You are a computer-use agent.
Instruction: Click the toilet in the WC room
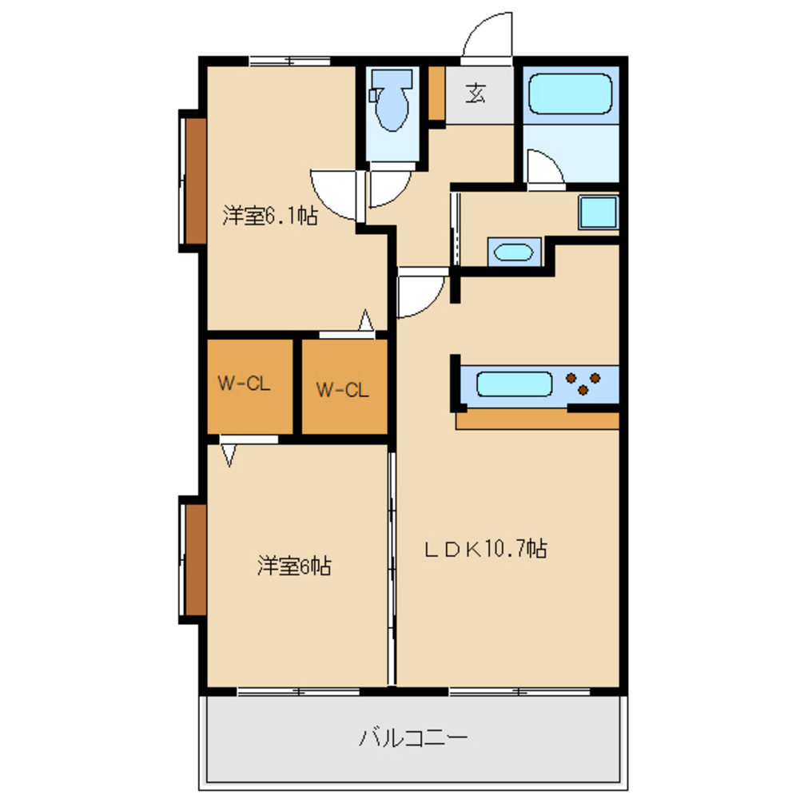pos(392,100)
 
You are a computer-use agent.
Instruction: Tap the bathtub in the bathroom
pos(570,93)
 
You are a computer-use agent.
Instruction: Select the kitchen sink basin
pos(515,384)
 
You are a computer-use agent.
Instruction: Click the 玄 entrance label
pos(476,93)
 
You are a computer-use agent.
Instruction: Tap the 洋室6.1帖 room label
pos(270,216)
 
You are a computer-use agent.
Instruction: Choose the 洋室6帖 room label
pos(294,566)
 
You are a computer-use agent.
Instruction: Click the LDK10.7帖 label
pos(486,549)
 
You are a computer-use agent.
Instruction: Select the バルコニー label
pos(413,737)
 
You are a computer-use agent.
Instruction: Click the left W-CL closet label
pos(244,384)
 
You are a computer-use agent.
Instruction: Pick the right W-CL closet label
pos(342,391)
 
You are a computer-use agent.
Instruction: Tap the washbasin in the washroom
pos(514,252)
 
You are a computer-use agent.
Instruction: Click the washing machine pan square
pos(598,212)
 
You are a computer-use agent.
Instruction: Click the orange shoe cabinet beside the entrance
pos(436,93)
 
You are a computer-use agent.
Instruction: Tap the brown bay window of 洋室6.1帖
pos(196,181)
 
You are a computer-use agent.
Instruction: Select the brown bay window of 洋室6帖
pos(196,560)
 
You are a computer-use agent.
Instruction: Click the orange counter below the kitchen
pos(537,420)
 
